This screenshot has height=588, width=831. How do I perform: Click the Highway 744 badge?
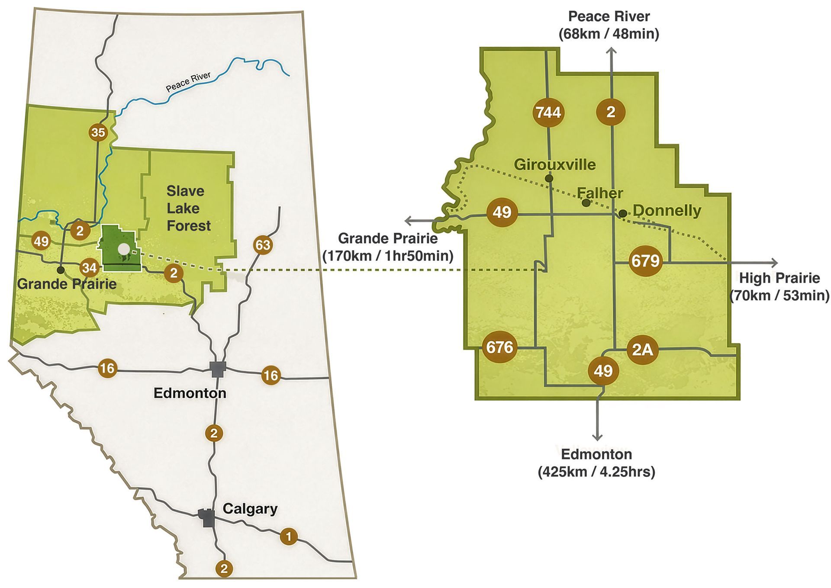tap(548, 112)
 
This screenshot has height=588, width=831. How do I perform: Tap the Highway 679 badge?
tap(645, 261)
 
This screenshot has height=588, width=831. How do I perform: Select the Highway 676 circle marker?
tap(499, 347)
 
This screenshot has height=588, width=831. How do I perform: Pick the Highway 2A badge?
tap(642, 349)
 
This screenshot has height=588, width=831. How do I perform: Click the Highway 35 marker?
tap(98, 132)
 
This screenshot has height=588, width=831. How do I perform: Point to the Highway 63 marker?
tap(263, 245)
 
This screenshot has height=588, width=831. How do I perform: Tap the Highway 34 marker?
tap(89, 268)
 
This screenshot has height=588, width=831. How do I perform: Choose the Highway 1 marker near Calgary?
tap(289, 537)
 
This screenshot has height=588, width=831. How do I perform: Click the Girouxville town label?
tap(554, 164)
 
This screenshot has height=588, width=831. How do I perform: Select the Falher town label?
tap(600, 193)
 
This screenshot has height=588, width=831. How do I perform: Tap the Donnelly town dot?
tap(622, 213)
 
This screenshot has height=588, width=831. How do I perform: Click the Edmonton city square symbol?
tap(218, 369)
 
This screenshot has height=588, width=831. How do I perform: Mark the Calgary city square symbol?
tap(206, 517)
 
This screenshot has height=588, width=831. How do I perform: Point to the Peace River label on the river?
tap(188, 82)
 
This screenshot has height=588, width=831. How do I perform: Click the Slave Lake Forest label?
tap(188, 208)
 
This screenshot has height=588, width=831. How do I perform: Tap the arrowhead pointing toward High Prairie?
tap(774, 263)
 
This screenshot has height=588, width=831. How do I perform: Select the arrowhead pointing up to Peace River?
tap(611, 51)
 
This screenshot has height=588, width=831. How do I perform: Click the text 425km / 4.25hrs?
tap(596, 472)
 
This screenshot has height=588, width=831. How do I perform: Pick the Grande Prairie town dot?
tap(61, 270)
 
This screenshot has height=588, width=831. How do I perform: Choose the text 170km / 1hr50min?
tap(388, 256)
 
